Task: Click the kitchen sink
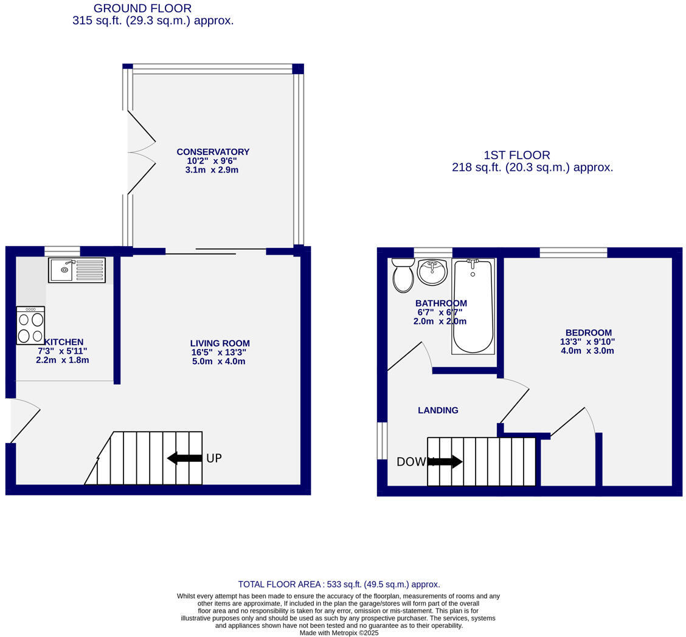coord(77,270)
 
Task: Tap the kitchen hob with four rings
coord(30,326)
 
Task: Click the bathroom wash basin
coord(432,272)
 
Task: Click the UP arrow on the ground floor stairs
coord(184,458)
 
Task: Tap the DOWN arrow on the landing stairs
coord(446,462)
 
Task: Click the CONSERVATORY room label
coord(213,152)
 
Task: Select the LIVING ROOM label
coord(220,343)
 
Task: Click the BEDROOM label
coord(588,333)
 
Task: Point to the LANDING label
coord(438,410)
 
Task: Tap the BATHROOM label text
coord(441,303)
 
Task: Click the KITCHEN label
coord(64,342)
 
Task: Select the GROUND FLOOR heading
coord(142,9)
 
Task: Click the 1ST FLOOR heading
coord(516,155)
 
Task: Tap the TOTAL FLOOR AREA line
coord(339,584)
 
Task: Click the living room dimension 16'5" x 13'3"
coord(219,353)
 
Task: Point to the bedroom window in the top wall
coord(573,252)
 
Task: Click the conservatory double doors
coord(140,152)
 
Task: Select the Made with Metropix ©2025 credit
coord(339,633)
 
